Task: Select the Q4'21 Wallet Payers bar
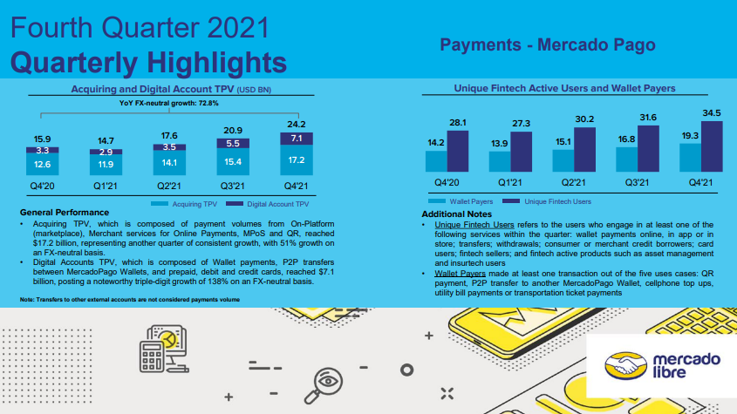(690, 157)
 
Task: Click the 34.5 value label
(713, 113)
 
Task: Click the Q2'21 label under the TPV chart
(168, 186)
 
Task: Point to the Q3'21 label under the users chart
(638, 183)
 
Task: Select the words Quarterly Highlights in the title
(149, 62)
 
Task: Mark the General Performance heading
(64, 213)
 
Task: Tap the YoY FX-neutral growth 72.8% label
(168, 103)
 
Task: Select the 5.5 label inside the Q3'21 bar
(232, 143)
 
